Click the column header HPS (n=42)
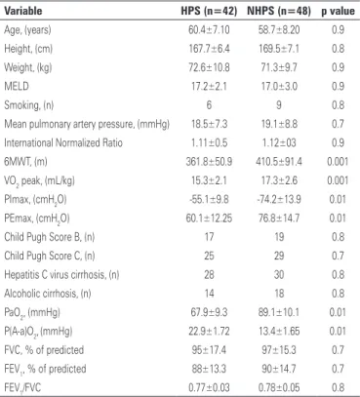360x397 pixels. (209, 11)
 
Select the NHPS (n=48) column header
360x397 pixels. (279, 11)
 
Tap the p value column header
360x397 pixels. (338, 12)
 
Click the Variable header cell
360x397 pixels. (23, 11)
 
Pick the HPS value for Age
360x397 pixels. (209, 30)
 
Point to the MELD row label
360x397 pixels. (17, 87)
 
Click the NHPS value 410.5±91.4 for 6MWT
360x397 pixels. (279, 162)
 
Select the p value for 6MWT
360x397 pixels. (338, 162)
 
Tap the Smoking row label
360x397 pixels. (28, 105)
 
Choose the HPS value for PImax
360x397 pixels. (209, 199)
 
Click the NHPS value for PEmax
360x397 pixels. (279, 218)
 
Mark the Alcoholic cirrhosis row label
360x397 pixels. (47, 294)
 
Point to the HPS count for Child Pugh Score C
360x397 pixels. (209, 256)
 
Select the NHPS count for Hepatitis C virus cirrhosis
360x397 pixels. (279, 275)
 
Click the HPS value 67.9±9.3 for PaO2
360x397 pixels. (209, 312)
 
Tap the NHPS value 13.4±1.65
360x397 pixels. (279, 332)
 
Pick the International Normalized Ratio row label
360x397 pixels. (63, 142)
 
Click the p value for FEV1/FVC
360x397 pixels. (338, 387)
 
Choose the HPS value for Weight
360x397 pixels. (209, 67)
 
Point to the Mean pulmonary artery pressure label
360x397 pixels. (87, 124)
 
